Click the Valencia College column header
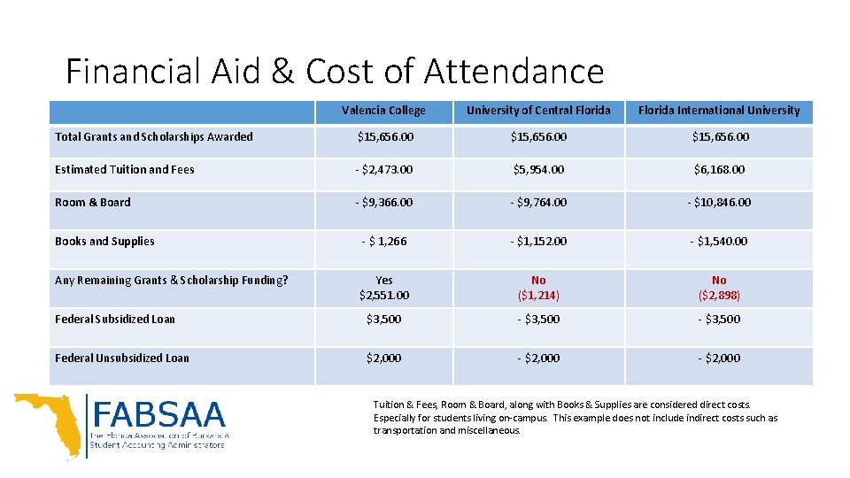(383, 111)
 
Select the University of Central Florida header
(538, 111)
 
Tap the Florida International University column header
(718, 111)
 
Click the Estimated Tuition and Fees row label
(125, 169)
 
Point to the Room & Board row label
(93, 203)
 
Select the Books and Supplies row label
(104, 242)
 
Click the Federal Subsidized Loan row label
(115, 320)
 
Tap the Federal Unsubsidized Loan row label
(122, 358)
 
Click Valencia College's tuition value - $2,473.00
(383, 169)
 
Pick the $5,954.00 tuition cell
(538, 169)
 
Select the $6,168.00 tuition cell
(718, 169)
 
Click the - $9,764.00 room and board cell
(538, 203)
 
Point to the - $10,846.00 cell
(718, 203)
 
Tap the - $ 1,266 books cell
(383, 242)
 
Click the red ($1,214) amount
(538, 295)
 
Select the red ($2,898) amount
(718, 295)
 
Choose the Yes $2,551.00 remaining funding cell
(383, 288)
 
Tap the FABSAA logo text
(158, 415)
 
